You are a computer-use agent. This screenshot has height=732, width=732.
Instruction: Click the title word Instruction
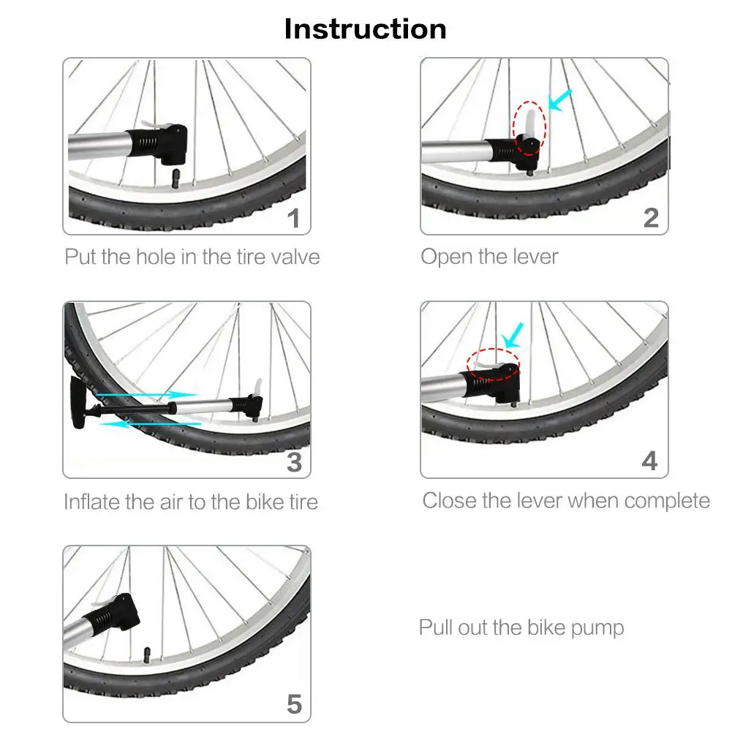click(365, 29)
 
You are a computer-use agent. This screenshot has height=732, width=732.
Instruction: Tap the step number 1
click(294, 219)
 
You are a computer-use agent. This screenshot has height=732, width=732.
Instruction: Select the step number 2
click(651, 218)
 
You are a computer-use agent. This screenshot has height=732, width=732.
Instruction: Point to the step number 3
click(294, 462)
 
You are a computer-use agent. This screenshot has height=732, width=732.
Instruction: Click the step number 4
click(650, 461)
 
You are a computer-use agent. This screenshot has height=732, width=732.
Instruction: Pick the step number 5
click(294, 704)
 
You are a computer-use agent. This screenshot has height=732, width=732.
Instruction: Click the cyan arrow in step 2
click(559, 100)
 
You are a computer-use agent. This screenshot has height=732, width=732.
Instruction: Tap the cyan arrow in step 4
click(513, 335)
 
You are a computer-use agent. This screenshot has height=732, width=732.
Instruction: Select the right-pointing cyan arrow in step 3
click(146, 395)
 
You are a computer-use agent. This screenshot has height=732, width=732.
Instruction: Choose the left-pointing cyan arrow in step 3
click(151, 424)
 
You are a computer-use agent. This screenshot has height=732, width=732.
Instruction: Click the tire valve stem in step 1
click(176, 179)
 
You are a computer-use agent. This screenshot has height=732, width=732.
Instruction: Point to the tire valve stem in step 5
click(147, 655)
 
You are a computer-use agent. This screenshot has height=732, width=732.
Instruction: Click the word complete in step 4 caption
click(667, 502)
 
